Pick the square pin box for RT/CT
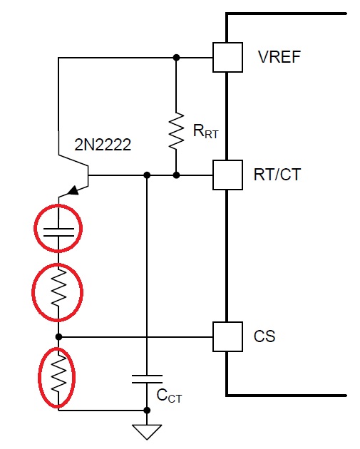226,175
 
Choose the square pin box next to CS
226,336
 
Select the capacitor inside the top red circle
58,229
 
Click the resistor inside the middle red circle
58,290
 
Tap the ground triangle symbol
147,431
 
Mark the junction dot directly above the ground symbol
147,411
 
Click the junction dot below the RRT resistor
176,175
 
